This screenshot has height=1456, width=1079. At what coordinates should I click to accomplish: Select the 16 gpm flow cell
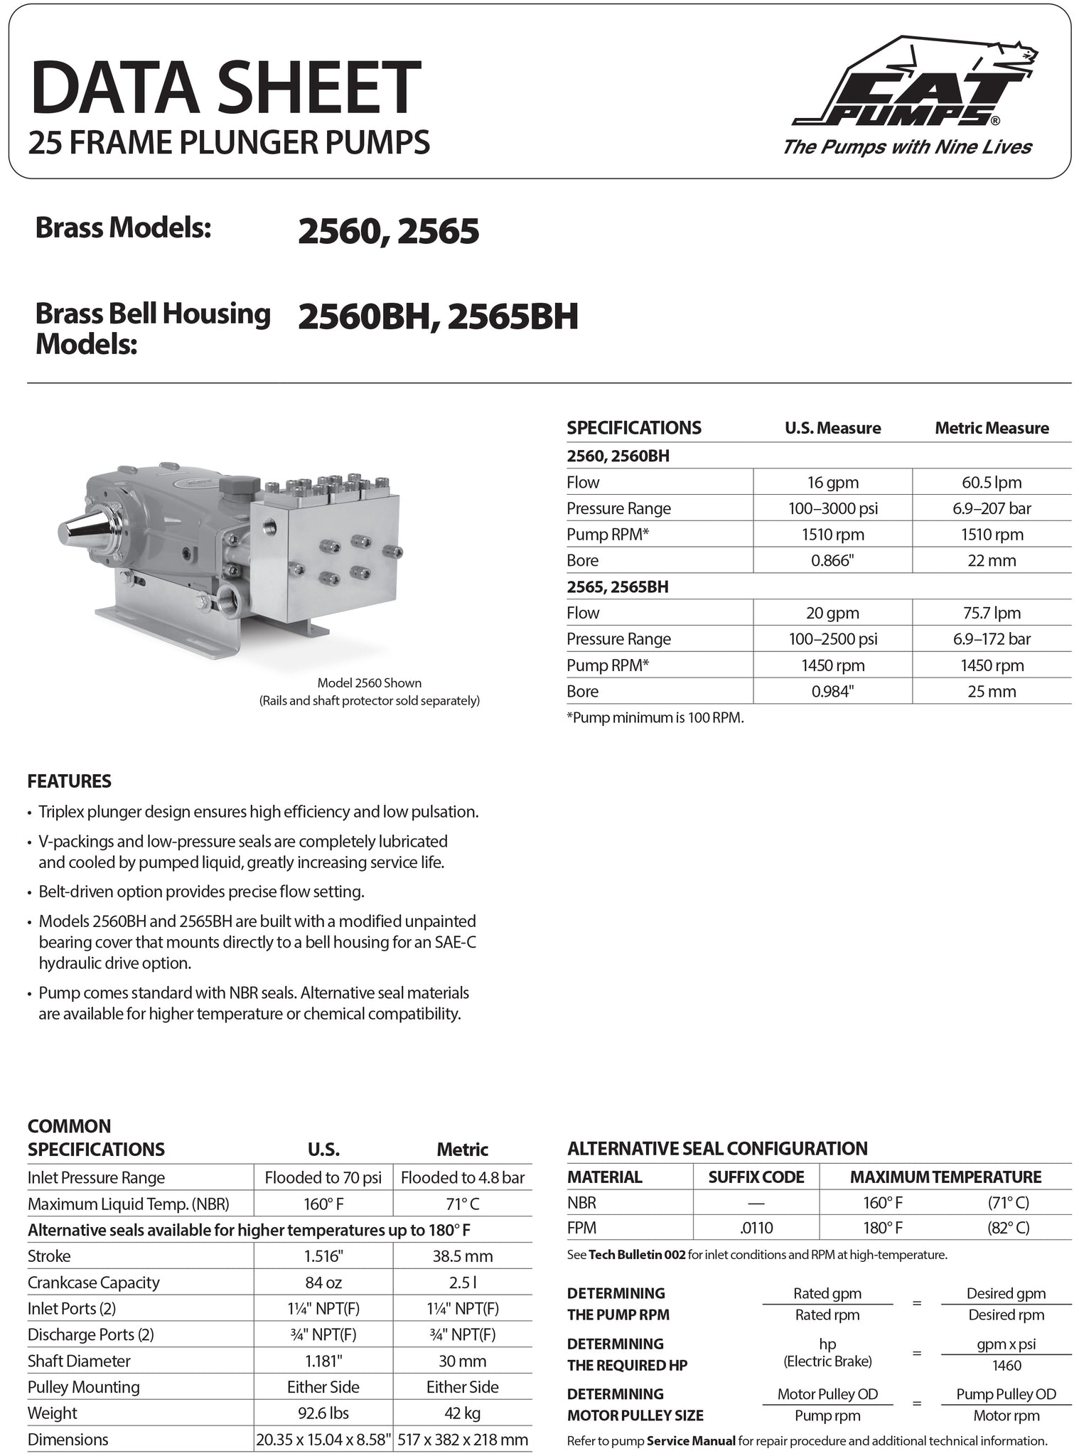[832, 482]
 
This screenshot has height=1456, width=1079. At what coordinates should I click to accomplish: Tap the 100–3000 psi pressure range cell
[832, 508]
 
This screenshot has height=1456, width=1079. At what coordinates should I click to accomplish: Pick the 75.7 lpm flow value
[992, 613]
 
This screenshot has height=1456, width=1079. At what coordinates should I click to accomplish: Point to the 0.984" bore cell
[832, 691]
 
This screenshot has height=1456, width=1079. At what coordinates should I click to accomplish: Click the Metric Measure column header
[992, 428]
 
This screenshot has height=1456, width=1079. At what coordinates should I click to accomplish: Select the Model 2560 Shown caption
[369, 682]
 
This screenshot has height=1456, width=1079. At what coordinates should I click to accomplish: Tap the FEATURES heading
[70, 781]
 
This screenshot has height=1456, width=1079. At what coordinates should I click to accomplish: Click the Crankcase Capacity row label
[93, 1282]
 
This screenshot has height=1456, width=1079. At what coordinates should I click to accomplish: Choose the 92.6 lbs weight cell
[323, 1413]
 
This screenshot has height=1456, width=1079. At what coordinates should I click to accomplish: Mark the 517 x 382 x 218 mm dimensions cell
[463, 1440]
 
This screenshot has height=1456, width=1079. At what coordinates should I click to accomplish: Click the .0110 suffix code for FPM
[756, 1227]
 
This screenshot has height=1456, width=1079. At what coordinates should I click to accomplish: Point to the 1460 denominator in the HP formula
[1006, 1365]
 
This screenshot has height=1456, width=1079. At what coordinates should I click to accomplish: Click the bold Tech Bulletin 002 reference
[637, 1255]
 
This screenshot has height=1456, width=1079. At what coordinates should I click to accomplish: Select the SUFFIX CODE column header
[756, 1177]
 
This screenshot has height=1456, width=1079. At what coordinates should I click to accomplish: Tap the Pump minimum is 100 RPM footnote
[655, 717]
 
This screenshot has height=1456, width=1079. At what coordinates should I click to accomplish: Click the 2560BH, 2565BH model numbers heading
[438, 317]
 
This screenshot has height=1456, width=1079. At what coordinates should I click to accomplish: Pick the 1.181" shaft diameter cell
[323, 1361]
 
